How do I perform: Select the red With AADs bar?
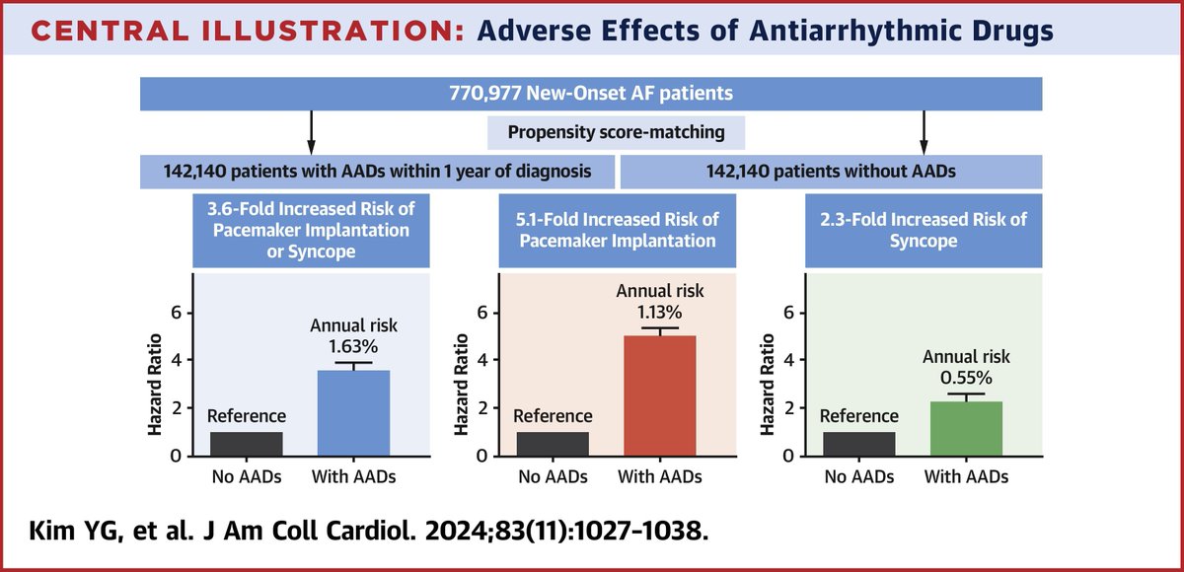pos(660,395)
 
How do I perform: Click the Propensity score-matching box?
pos(617,132)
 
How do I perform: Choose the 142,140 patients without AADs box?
pos(831,171)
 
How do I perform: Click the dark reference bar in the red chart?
pos(553,444)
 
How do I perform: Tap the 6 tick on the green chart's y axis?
pos(788,313)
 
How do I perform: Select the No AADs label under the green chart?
pos(859,477)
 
